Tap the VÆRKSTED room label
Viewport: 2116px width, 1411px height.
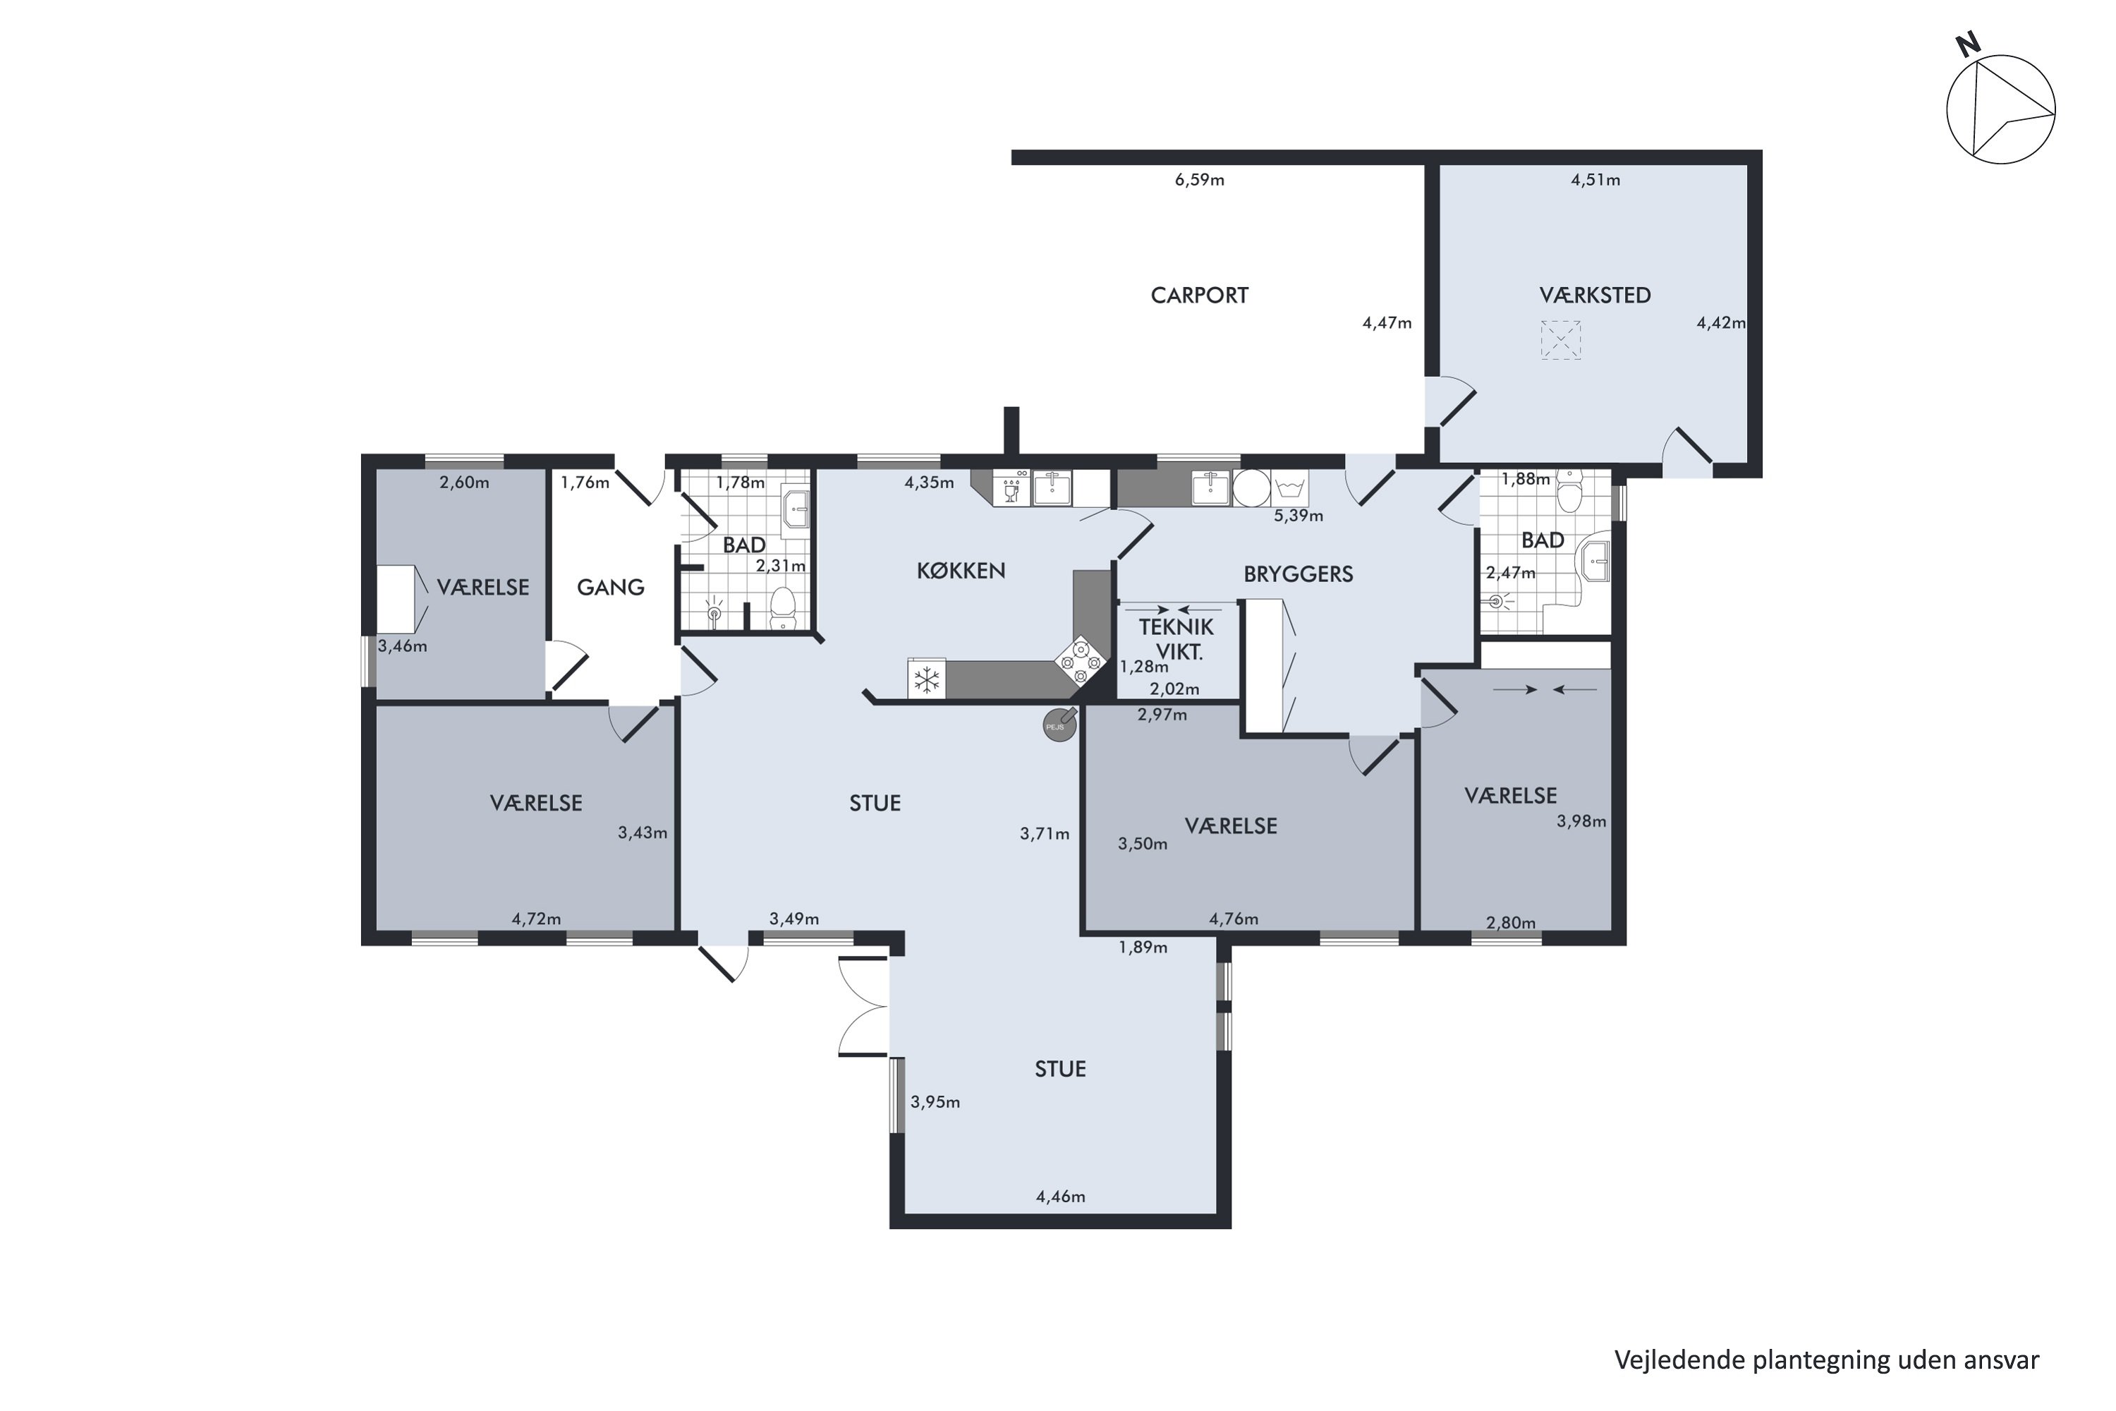(1595, 295)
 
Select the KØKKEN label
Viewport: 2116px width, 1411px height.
(961, 571)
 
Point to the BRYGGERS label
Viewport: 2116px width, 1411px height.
(1299, 574)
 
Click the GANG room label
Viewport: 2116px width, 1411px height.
(611, 588)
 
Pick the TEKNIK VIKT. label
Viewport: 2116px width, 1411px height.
(1176, 639)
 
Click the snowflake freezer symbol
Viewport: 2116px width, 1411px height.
(927, 679)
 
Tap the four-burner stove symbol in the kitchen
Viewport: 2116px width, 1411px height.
(1081, 662)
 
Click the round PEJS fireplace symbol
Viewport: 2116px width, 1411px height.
(1059, 725)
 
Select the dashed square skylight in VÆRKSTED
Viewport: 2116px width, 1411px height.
(1560, 340)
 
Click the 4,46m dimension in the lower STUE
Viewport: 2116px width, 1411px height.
(1061, 1197)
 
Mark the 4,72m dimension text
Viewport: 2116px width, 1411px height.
(536, 919)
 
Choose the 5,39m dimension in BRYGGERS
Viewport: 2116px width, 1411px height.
(1299, 516)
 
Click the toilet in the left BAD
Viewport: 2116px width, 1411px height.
(784, 608)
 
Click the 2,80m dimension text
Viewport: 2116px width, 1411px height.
(1511, 922)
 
